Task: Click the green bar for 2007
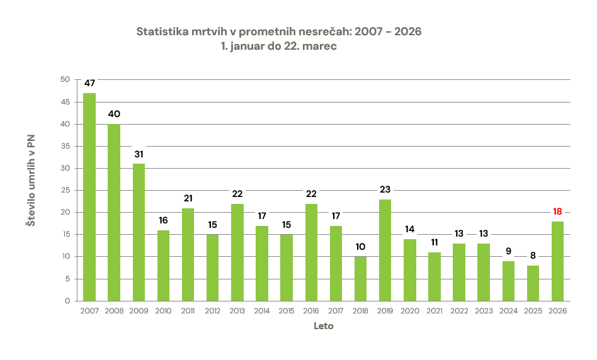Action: tap(89, 197)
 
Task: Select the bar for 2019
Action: tap(385, 250)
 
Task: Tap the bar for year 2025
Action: tap(533, 283)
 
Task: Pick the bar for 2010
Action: tap(163, 266)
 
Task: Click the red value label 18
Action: tap(557, 211)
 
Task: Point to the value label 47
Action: tap(89, 83)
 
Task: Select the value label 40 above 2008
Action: tap(114, 114)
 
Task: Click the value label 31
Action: tap(139, 154)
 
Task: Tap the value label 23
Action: tap(385, 189)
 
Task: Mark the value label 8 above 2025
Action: tap(533, 256)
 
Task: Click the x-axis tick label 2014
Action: tap(262, 311)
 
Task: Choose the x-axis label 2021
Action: tap(434, 311)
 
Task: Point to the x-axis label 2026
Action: tap(557, 311)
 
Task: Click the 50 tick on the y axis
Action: tap(65, 79)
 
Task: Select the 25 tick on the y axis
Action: tap(65, 190)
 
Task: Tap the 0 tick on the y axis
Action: tap(67, 301)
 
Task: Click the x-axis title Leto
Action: tap(324, 326)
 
